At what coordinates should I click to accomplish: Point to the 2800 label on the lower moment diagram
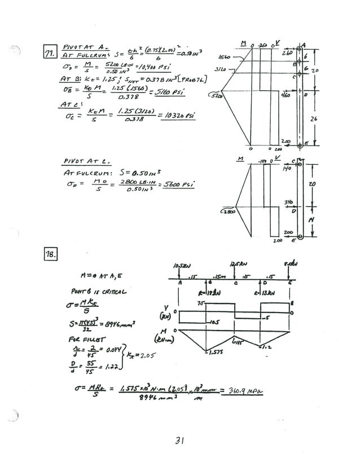pos(230,212)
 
